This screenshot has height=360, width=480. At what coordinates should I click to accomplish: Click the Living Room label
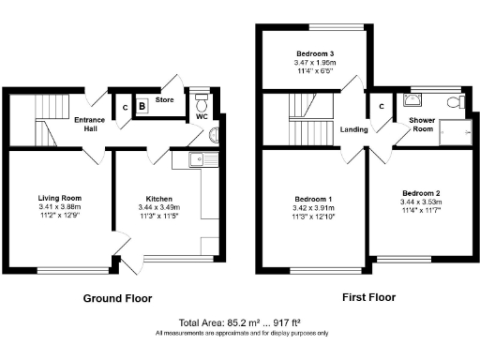point(60,198)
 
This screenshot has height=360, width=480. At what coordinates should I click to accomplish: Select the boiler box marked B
point(142,107)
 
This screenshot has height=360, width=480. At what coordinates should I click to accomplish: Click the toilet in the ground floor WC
point(201,100)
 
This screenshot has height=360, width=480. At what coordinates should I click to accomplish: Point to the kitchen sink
point(199,160)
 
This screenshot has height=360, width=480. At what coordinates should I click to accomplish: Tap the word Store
point(165,97)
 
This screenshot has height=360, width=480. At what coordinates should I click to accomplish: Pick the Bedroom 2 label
point(419,190)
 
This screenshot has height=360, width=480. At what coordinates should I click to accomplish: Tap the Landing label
point(353,129)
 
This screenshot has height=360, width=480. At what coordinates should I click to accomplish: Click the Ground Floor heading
point(118,298)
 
